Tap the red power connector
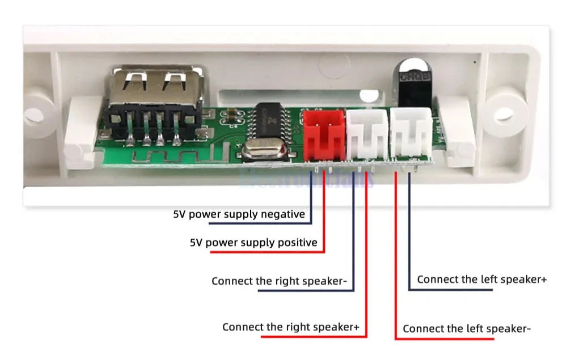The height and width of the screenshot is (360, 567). pyautogui.click(x=324, y=134)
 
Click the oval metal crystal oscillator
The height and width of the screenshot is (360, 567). pyautogui.click(x=259, y=151)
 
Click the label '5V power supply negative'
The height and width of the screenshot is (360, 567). pyautogui.click(x=239, y=214)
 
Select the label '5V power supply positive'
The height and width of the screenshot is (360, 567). pyautogui.click(x=253, y=243)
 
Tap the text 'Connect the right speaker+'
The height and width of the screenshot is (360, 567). pyautogui.click(x=291, y=327)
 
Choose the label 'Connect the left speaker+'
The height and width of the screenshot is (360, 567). pyautogui.click(x=482, y=279)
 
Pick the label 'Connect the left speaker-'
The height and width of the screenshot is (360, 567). pyautogui.click(x=467, y=329)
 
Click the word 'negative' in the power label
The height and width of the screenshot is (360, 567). pyautogui.click(x=282, y=214)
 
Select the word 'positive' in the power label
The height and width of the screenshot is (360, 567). pyautogui.click(x=297, y=243)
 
